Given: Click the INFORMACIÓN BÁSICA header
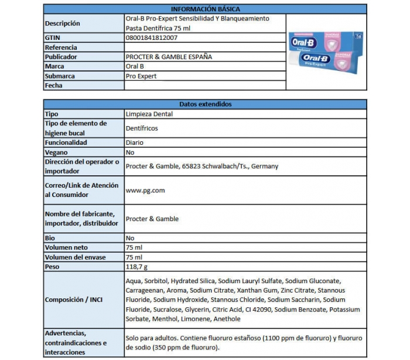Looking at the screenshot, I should [205, 9].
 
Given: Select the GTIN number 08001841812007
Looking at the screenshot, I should [152, 38].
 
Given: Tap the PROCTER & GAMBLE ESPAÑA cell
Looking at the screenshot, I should [169, 57].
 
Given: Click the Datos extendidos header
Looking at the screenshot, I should [205, 104].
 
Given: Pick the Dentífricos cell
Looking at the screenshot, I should [142, 128].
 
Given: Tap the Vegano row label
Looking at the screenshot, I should [57, 152].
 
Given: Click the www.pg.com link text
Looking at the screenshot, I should [145, 190].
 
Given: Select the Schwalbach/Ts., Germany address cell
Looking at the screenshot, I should [202, 166].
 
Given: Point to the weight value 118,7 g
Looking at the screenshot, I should [138, 267].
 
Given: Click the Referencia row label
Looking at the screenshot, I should [61, 47].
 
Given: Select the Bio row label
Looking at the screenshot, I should [50, 238].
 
